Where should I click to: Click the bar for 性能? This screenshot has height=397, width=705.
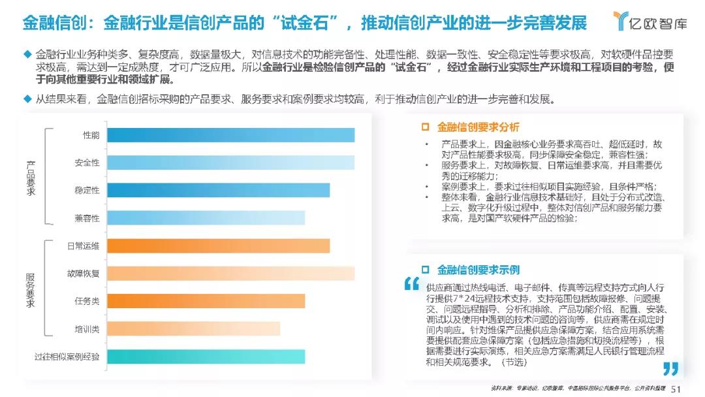pos(230,135)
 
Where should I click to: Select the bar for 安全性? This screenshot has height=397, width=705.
pos(230,163)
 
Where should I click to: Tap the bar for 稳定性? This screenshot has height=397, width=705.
pos(218,190)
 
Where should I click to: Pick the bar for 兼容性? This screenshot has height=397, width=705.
pos(206,217)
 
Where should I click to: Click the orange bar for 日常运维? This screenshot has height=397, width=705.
pos(218,246)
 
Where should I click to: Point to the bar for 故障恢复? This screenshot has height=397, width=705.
pos(230,273)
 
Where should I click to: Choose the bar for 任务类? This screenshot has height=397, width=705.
pos(206,301)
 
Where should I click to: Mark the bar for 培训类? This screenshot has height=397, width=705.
pos(193,328)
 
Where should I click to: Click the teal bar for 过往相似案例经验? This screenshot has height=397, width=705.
pos(206,357)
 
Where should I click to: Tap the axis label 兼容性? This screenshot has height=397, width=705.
pos(87,217)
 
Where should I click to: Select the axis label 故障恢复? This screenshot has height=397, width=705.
pos(83,273)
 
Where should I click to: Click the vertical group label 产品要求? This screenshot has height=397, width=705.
pos(30,177)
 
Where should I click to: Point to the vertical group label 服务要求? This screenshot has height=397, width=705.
pos(30,289)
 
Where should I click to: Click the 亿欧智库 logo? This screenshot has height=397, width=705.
pos(650,22)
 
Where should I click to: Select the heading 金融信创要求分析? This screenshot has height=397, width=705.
pos(478,127)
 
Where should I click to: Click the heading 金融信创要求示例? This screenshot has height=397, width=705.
pos(478,270)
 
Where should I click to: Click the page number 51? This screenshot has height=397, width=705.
pos(676,388)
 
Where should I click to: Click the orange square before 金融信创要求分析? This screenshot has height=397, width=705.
pos(426,127)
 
